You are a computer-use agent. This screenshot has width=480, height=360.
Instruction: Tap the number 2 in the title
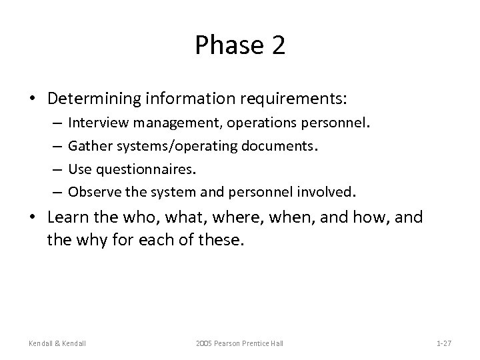click(x=277, y=45)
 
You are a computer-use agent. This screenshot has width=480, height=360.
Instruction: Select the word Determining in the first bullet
click(x=94, y=99)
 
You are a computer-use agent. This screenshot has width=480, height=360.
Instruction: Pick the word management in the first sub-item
click(x=170, y=123)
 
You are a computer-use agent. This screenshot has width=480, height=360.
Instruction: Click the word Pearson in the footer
click(x=231, y=343)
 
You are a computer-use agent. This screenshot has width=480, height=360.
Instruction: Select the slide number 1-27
click(x=444, y=343)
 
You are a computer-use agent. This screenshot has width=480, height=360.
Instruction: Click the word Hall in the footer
click(x=277, y=343)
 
